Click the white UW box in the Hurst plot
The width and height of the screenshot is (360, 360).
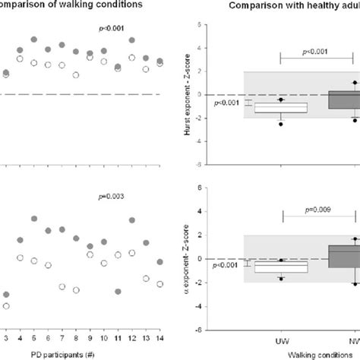click(281, 108)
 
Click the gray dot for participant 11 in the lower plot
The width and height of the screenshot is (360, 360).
click(118, 291)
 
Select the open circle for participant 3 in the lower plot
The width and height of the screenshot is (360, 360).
click(6, 306)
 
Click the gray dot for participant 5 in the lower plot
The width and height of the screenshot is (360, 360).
click(34, 218)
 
